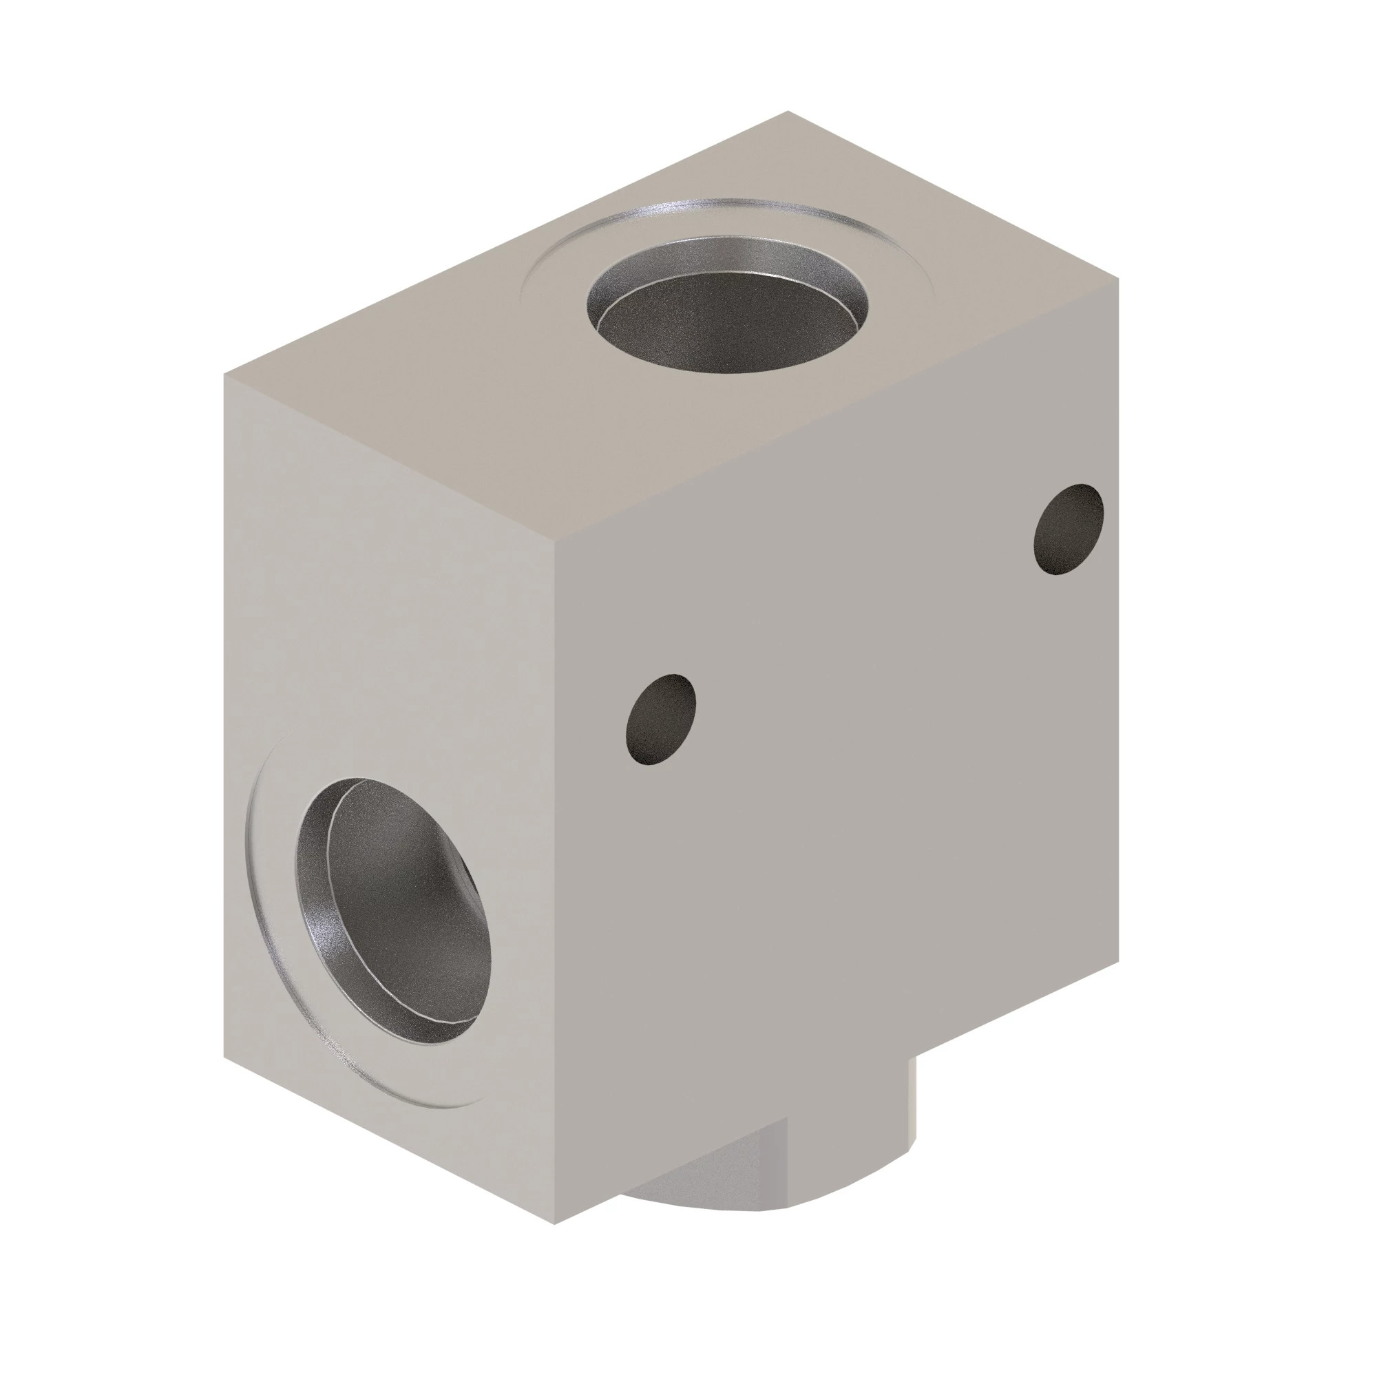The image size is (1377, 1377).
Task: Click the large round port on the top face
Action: (x=727, y=313)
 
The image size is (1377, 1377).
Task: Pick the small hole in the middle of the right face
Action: (x=660, y=717)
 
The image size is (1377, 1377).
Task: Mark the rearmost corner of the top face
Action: (x=788, y=112)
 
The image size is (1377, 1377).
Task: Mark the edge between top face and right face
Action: (x=834, y=410)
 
